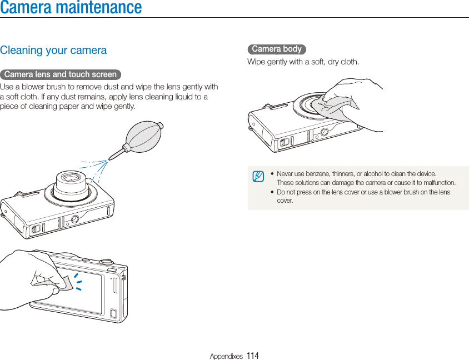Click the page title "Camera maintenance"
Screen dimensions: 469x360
coord(71,8)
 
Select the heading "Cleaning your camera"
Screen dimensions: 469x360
coord(53,51)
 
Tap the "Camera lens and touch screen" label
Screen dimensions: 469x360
coord(60,74)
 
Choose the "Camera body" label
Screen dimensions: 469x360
coord(277,49)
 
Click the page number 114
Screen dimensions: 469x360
coord(253,356)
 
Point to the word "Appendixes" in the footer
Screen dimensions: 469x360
coord(226,356)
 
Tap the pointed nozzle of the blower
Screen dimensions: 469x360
coord(114,156)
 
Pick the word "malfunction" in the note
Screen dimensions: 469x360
coord(439,183)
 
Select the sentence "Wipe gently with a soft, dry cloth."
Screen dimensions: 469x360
coord(303,62)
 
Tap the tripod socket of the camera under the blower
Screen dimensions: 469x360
coord(74,219)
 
